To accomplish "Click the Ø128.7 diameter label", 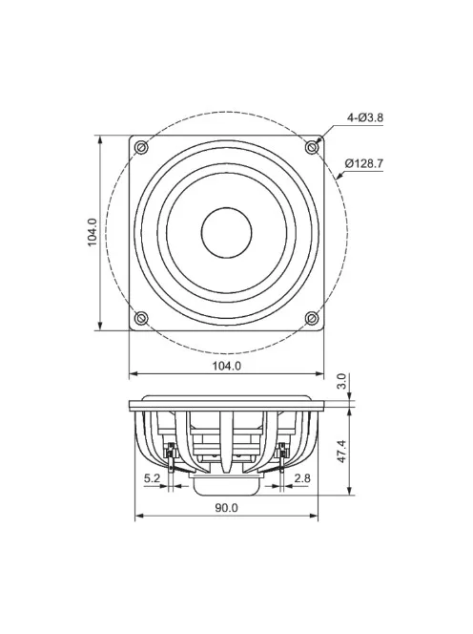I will pyautogui.click(x=363, y=163).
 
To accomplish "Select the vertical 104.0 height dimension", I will pyautogui.click(x=93, y=233).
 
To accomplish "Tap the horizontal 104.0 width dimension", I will pyautogui.click(x=226, y=365).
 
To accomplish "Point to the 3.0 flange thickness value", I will pyautogui.click(x=342, y=382).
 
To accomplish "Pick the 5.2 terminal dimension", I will pyautogui.click(x=152, y=477).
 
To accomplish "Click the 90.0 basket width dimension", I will pyautogui.click(x=226, y=508).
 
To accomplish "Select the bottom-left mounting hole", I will pyautogui.click(x=142, y=317).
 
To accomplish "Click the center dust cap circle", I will pyautogui.click(x=226, y=232).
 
